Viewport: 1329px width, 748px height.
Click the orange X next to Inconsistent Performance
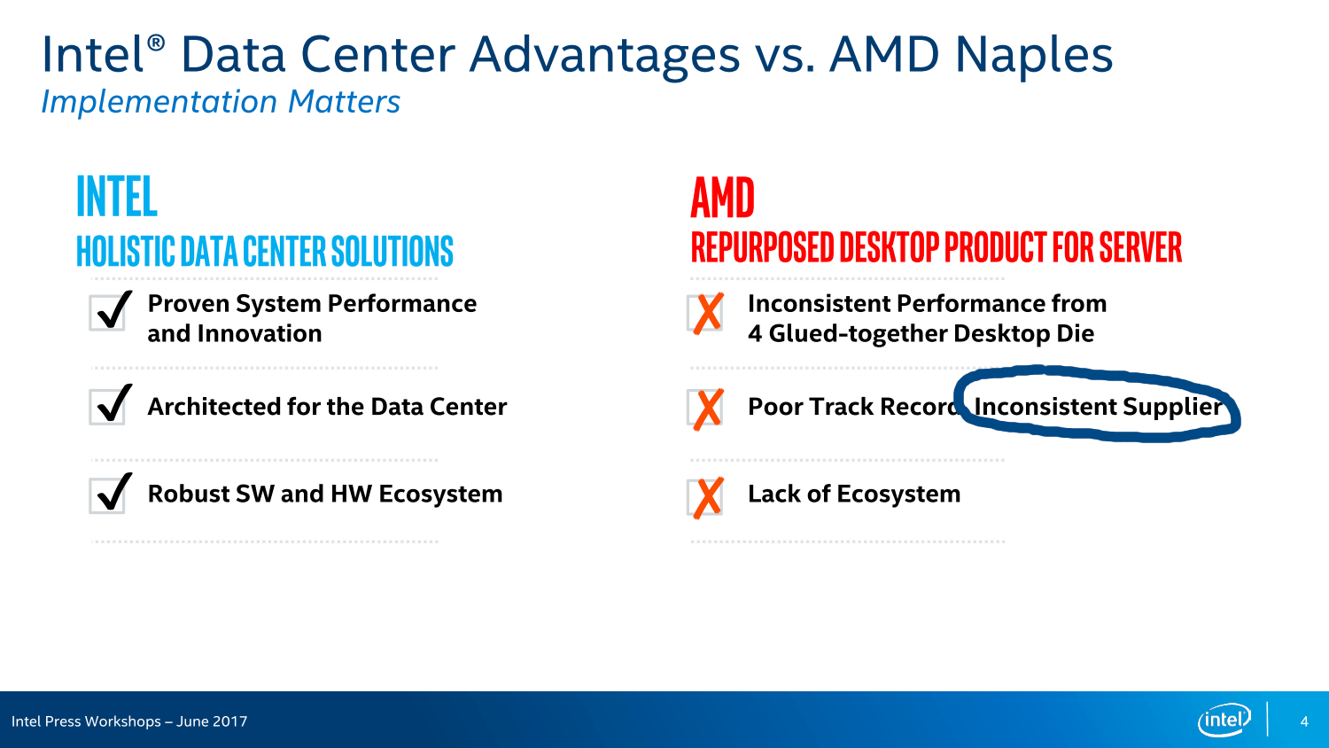[x=708, y=313]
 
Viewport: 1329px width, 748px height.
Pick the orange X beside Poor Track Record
[x=708, y=409]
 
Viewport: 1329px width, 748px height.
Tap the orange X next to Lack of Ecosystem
[x=708, y=498]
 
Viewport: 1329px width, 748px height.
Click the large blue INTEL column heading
[x=117, y=196]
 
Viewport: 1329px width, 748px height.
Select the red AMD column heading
[x=723, y=198]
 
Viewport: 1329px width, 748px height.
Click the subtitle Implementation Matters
[x=221, y=102]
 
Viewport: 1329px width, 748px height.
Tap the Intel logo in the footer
[x=1224, y=721]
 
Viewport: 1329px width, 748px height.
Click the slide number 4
[x=1304, y=721]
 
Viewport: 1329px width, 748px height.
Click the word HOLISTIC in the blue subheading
[x=126, y=251]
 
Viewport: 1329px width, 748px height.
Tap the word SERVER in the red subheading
[x=1140, y=247]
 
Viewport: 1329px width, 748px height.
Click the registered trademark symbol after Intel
[x=155, y=43]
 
